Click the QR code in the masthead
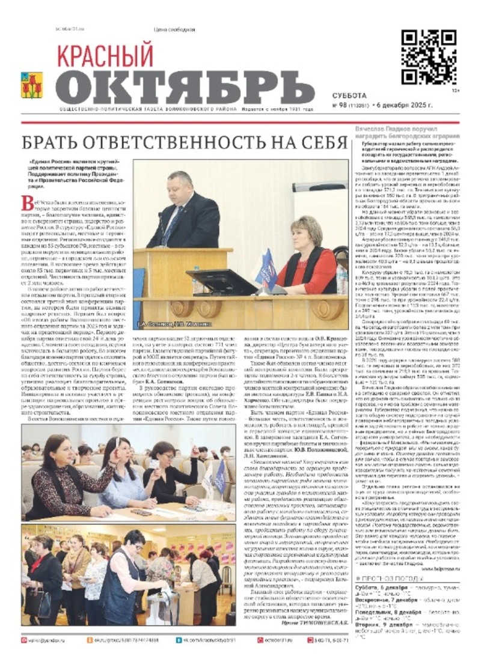429,58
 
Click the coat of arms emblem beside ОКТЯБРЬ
32,85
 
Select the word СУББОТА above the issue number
349,95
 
